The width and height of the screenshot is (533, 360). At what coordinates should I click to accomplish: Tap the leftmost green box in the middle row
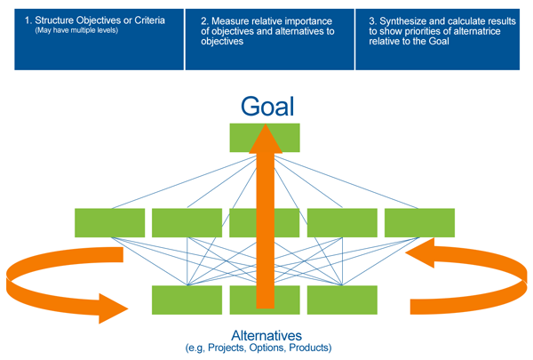point(109,222)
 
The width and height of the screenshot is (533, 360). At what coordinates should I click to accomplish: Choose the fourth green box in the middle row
point(342,222)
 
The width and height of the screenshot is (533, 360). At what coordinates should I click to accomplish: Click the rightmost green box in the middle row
point(419,222)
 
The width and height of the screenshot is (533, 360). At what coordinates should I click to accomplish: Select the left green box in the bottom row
point(187,300)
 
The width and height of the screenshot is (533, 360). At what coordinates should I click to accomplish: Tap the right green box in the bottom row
point(342,300)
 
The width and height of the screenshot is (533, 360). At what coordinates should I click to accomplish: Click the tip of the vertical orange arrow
point(264,127)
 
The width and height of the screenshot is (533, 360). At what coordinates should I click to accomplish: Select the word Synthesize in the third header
point(398,19)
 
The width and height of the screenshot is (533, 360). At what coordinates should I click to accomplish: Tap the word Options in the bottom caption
point(269,348)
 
